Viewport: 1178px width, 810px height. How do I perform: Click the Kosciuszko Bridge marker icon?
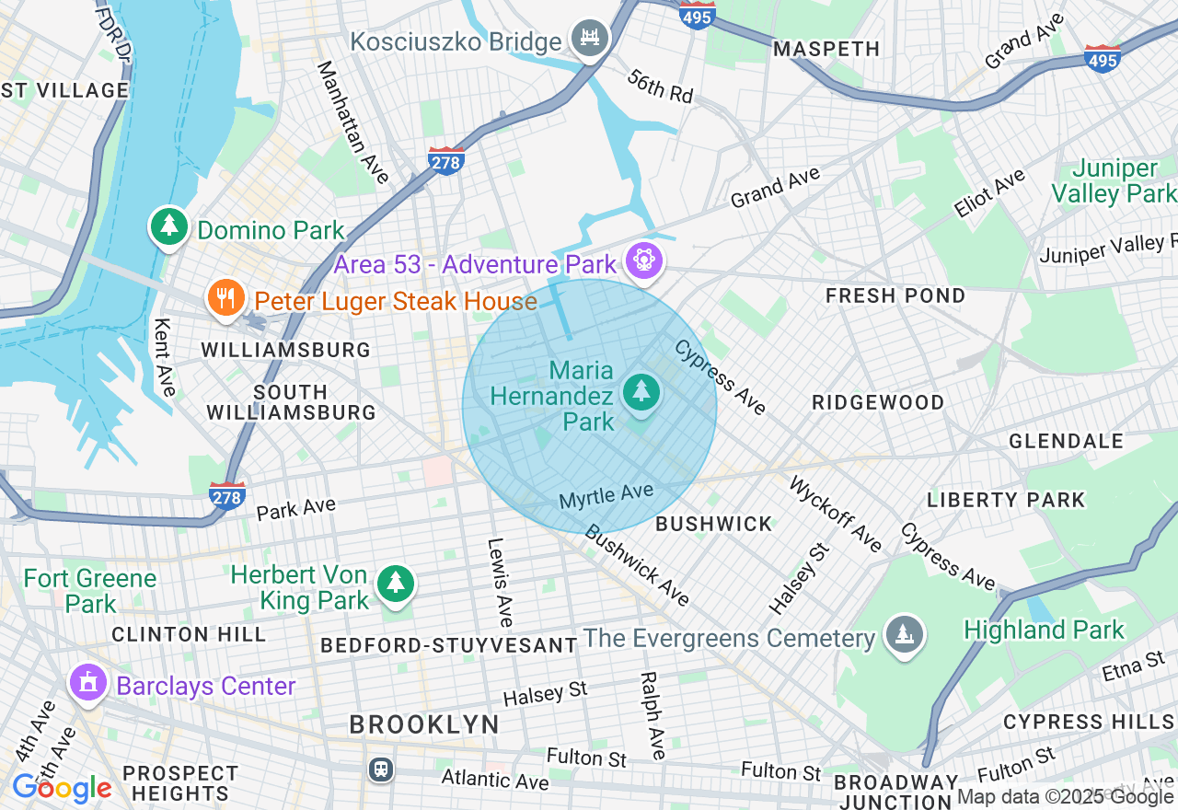pos(590,39)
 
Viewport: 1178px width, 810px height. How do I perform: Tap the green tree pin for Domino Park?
pos(168,228)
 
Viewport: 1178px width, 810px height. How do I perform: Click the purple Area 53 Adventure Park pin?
pos(643,262)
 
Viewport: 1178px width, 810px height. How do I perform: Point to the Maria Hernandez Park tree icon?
pos(641,393)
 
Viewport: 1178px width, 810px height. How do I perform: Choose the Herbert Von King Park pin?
pos(396,583)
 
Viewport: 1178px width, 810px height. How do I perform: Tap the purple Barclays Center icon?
pos(88,683)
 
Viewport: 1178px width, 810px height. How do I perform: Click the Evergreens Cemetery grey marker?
pos(902,634)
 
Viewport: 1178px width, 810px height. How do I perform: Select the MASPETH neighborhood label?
pos(826,49)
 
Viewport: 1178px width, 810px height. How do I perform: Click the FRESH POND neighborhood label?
pos(895,295)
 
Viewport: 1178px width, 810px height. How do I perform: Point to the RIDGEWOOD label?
pos(878,402)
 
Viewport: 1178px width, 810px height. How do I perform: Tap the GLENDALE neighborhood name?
pos(1066,441)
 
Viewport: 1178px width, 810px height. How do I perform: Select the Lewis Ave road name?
pos(500,583)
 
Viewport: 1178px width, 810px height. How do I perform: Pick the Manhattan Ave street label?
pos(353,121)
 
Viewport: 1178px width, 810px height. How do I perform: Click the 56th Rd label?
pos(660,87)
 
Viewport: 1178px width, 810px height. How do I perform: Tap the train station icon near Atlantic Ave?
pos(380,769)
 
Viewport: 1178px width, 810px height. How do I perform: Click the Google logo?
pos(61,788)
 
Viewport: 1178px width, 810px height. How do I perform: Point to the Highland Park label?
pos(1044,631)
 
